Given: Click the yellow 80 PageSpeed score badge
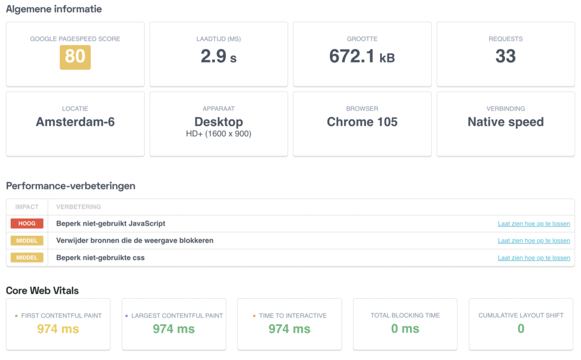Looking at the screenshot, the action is (x=75, y=57).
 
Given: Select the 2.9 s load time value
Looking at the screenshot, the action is (x=218, y=56).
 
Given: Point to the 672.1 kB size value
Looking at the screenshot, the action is (x=362, y=56).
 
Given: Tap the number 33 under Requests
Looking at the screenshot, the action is (x=506, y=56).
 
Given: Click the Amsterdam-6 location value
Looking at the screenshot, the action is (x=75, y=122).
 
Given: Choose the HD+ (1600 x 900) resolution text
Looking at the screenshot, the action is (x=218, y=134).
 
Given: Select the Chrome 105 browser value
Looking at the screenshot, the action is (x=362, y=122).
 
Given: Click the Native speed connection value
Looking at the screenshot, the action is (x=506, y=122).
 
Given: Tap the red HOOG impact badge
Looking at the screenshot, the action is (x=27, y=223).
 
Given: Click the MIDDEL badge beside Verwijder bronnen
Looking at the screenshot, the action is (x=27, y=240).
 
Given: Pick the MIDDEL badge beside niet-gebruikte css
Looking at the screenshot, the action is (x=27, y=257).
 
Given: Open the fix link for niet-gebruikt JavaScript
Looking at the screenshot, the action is (x=533, y=223).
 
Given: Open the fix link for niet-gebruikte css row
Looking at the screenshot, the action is (x=533, y=258).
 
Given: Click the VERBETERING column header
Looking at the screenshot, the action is (x=78, y=207).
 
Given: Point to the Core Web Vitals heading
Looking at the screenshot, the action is (x=42, y=290).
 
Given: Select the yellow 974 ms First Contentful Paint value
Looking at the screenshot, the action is (x=58, y=329).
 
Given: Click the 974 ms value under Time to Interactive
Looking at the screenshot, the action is (x=289, y=329).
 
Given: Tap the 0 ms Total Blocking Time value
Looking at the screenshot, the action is (x=405, y=328).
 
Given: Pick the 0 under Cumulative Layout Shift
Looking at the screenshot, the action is (x=521, y=328).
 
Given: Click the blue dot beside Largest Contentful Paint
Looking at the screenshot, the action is (x=127, y=316).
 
